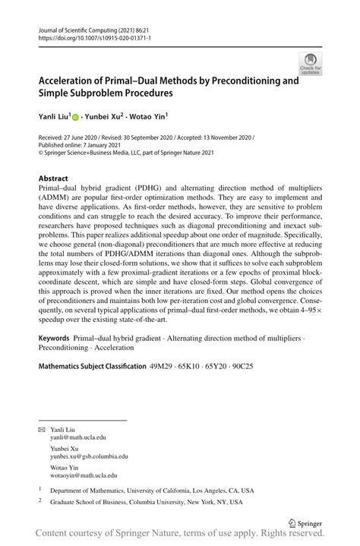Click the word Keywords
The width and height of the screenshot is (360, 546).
(x=56, y=336)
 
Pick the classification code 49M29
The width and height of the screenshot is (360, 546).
(x=162, y=365)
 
